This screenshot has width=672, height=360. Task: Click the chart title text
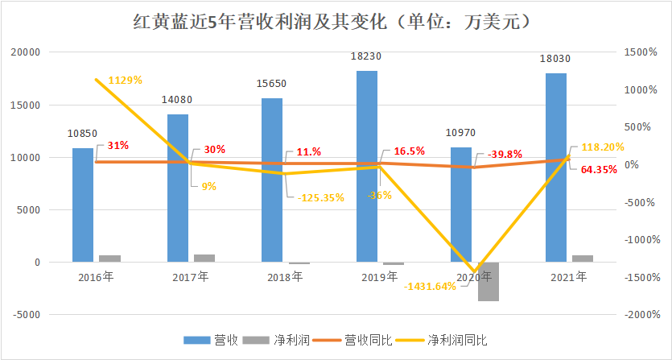click(336, 23)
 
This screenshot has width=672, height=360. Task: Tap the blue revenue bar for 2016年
click(83, 205)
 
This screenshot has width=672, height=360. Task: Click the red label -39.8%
click(505, 154)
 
